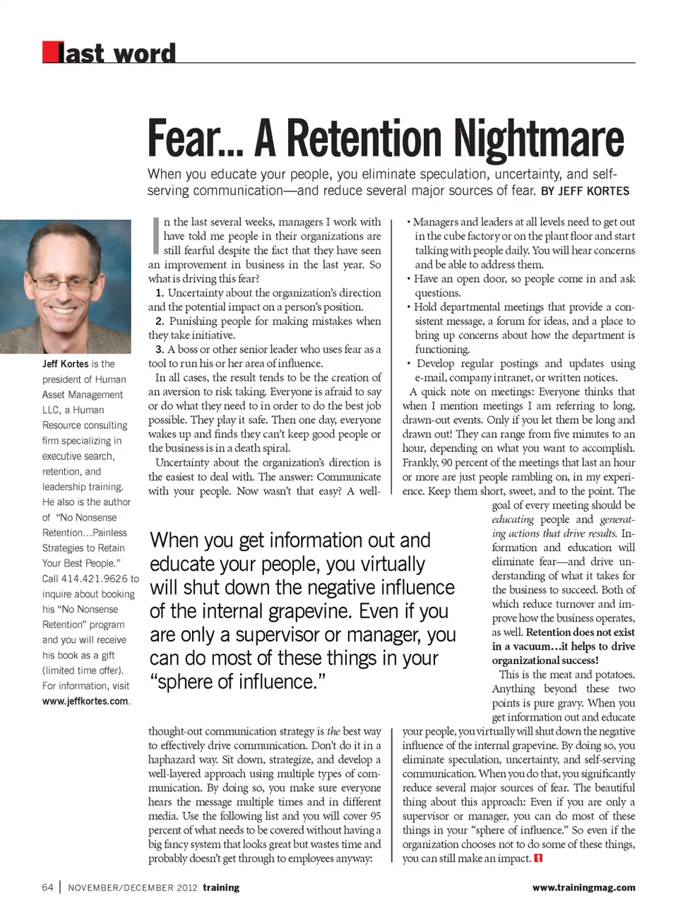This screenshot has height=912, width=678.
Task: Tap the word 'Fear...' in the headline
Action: [194, 138]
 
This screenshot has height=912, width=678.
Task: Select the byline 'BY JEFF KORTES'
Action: [585, 191]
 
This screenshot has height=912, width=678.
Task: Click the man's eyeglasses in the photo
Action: [66, 283]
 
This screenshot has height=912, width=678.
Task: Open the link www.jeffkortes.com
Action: [85, 701]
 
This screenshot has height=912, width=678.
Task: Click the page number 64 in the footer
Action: [47, 887]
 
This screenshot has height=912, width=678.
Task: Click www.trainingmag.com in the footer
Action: [583, 888]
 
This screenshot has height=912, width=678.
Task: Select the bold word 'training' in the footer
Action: [221, 888]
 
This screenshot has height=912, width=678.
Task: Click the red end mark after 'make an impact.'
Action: [539, 859]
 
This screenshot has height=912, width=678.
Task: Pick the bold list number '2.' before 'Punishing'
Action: [160, 321]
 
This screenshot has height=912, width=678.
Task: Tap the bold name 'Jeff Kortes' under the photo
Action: [65, 364]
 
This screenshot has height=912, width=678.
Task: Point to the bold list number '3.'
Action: [160, 350]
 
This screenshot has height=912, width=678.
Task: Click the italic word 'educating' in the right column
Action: [513, 519]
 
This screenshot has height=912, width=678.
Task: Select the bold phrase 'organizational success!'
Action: [545, 661]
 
